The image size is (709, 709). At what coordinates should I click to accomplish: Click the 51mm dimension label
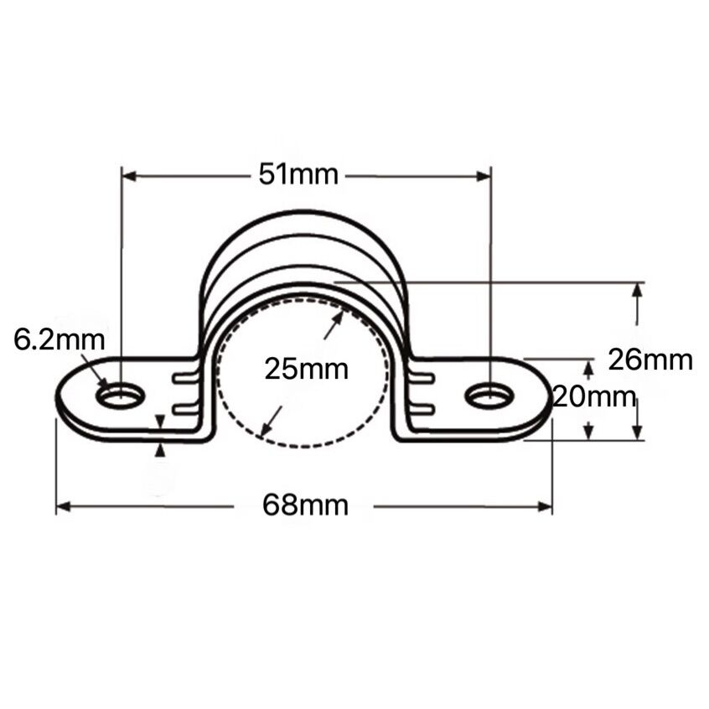pyautogui.click(x=298, y=175)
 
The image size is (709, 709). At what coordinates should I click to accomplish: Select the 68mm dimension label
pyautogui.click(x=306, y=505)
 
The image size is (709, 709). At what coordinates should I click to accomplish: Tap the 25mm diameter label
pyautogui.click(x=307, y=369)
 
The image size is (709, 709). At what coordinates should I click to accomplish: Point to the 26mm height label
pyautogui.click(x=650, y=360)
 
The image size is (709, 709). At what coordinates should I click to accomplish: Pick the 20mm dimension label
pyautogui.click(x=594, y=397)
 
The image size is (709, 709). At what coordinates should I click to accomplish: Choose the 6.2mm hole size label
pyautogui.click(x=60, y=340)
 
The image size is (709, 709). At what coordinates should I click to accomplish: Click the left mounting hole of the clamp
pyautogui.click(x=121, y=396)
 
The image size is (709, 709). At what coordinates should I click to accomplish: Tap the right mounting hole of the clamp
pyautogui.click(x=489, y=396)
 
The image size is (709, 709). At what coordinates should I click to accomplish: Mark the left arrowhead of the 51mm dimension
pyautogui.click(x=129, y=176)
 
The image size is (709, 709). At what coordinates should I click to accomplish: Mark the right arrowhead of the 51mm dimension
pyautogui.click(x=484, y=176)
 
